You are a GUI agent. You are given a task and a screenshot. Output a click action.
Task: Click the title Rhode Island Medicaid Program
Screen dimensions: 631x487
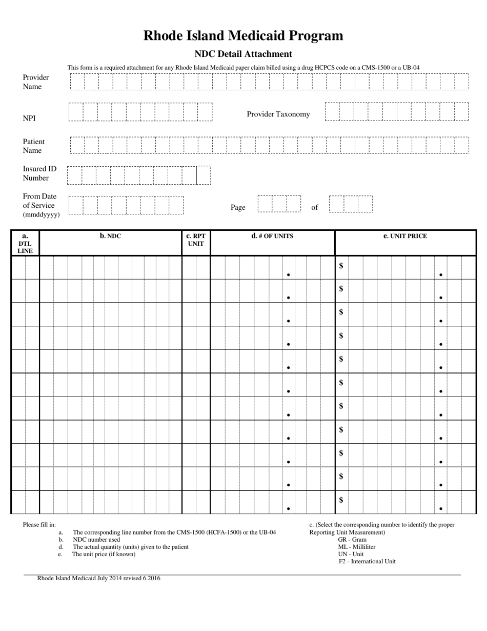[243, 35]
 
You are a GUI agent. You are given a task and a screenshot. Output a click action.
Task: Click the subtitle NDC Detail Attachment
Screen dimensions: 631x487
[243, 54]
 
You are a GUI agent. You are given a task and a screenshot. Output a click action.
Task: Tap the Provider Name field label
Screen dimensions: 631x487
[35, 82]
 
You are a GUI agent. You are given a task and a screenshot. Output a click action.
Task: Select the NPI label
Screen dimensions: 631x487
[29, 118]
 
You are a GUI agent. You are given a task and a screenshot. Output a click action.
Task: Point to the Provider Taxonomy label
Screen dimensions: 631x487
[278, 114]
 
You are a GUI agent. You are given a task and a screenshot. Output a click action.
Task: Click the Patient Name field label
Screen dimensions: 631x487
[33, 146]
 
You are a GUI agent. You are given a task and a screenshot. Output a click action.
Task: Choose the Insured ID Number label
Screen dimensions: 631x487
[39, 173]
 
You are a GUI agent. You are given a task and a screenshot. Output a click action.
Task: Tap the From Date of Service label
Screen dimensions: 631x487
[40, 205]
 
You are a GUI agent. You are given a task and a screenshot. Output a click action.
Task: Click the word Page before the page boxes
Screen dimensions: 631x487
[238, 207]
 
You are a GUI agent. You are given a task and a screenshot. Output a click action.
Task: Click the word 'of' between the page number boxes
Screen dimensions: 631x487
[314, 207]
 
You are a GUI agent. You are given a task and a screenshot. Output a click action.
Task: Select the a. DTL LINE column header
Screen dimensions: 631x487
[25, 243]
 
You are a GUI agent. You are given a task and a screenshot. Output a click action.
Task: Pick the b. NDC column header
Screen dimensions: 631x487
[110, 236]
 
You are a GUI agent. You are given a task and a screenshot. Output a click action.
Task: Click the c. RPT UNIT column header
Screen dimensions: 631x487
[196, 240]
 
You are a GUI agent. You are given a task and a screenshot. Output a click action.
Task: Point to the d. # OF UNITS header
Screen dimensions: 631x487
[272, 236]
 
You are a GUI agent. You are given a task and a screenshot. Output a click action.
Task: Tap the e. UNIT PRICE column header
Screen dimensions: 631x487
[405, 236]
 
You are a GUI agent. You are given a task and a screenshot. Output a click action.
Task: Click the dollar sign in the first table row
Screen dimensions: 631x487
[341, 266]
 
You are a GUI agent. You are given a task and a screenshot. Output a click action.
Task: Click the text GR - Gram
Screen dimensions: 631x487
[352, 540]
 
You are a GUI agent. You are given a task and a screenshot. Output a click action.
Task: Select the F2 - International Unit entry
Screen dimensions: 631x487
[367, 561]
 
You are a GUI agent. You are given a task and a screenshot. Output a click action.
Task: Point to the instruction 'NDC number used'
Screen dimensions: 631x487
[96, 540]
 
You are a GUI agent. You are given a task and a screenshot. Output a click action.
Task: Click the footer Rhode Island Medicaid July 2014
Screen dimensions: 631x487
[98, 578]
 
